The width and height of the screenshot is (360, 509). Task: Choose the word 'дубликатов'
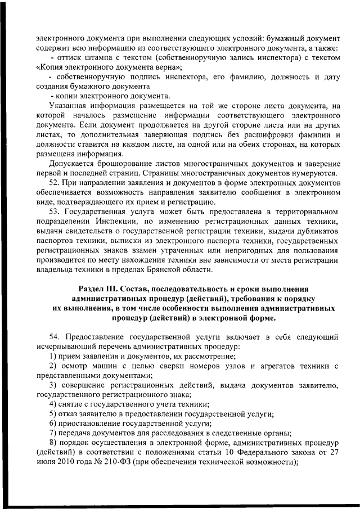pos(317,231)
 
